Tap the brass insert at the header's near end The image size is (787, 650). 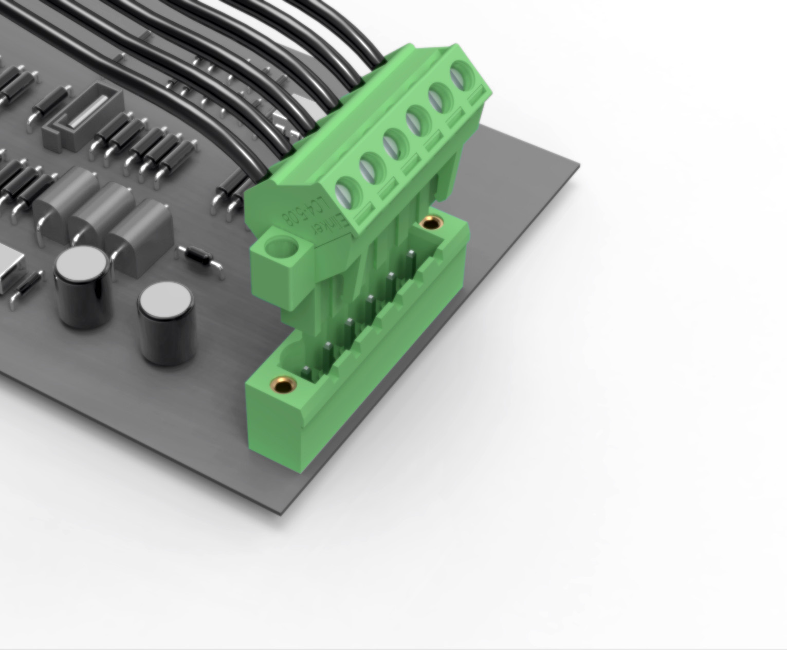point(281,383)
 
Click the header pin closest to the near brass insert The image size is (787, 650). point(305,373)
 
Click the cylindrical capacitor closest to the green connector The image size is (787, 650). point(166,324)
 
